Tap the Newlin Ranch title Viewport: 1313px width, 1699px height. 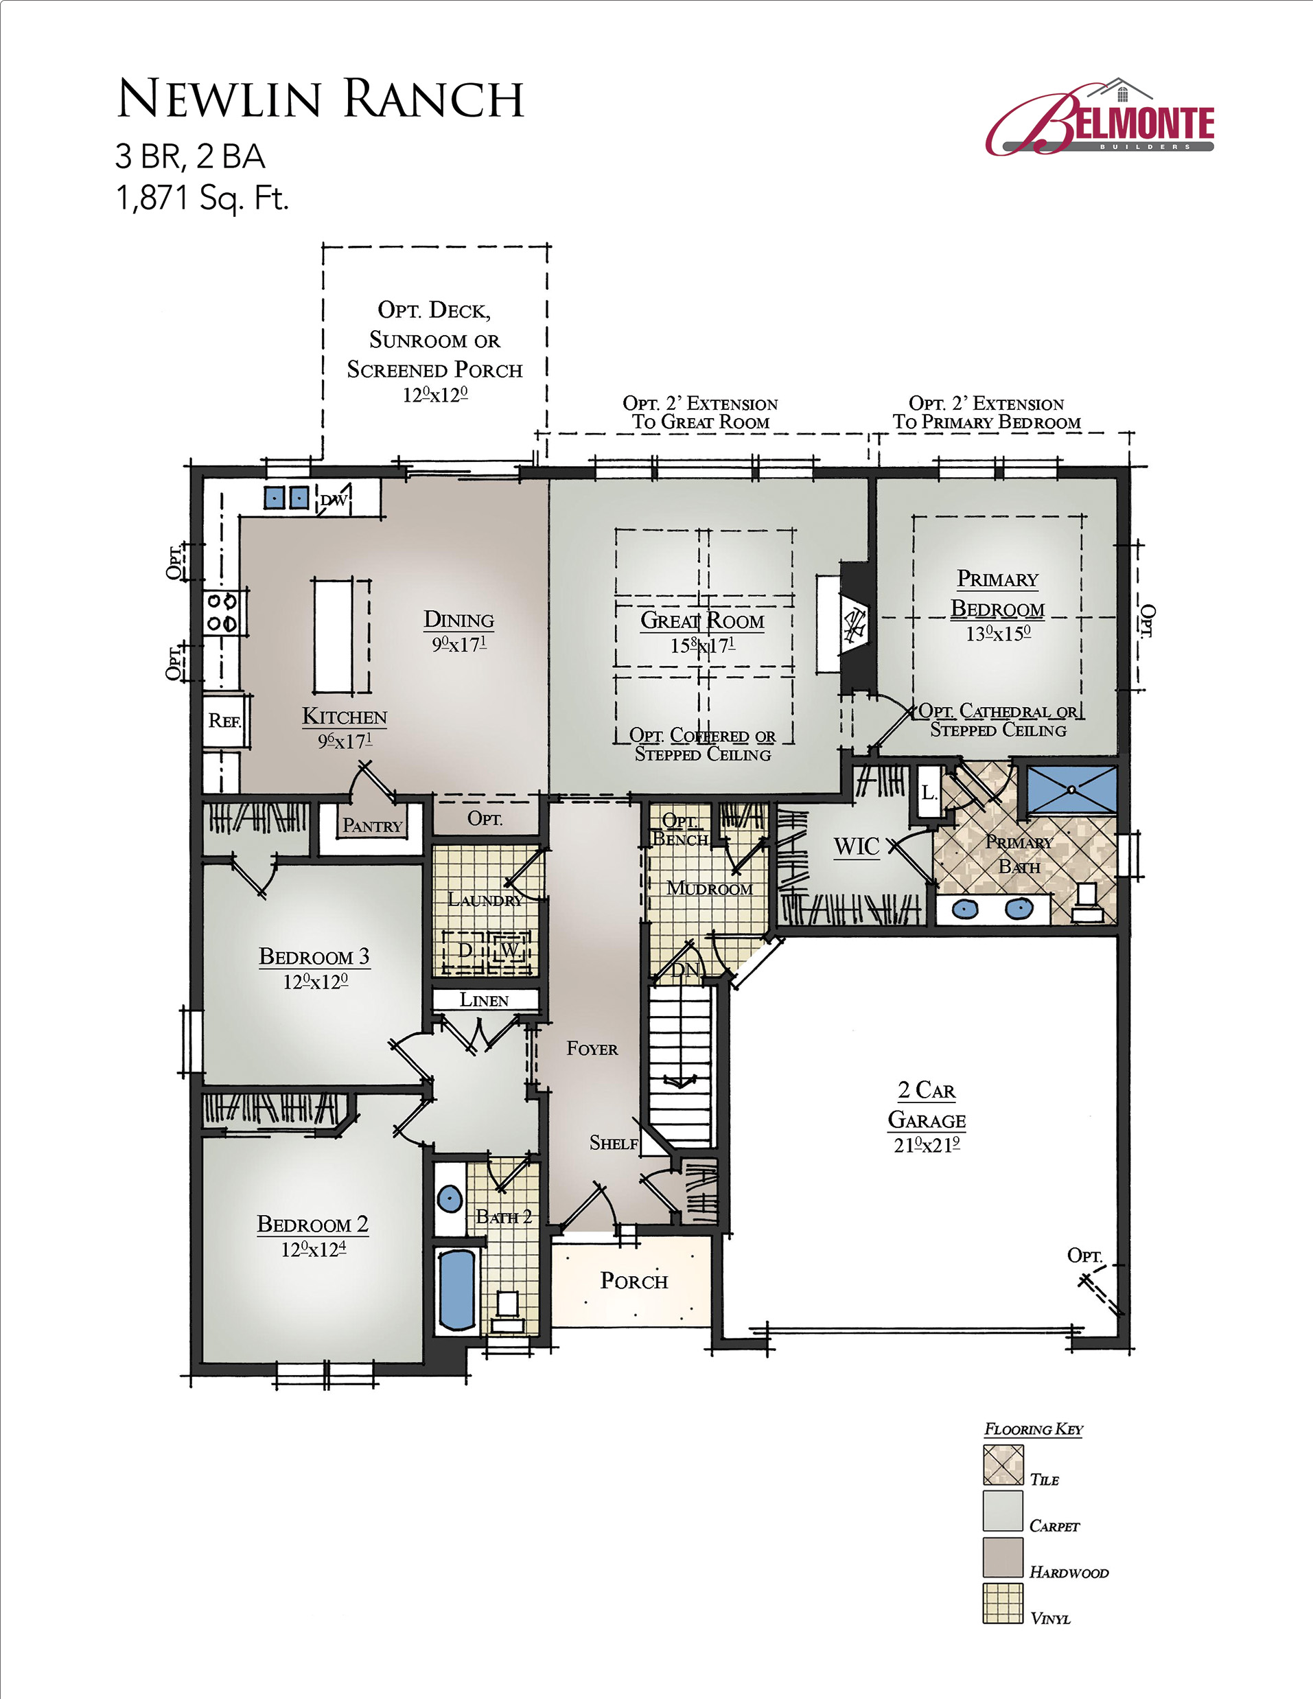[x=320, y=99]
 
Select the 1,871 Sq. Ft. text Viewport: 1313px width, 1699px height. [x=202, y=198]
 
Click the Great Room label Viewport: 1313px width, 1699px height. [x=702, y=621]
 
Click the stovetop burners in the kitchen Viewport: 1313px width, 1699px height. [x=221, y=612]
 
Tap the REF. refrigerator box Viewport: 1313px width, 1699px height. [x=226, y=720]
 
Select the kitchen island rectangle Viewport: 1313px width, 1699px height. [x=333, y=635]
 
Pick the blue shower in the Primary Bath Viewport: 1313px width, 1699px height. [x=1072, y=790]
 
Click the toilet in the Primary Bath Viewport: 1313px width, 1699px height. [x=1087, y=903]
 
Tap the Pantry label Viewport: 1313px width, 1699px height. [x=373, y=825]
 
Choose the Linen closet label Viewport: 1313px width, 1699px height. [x=484, y=999]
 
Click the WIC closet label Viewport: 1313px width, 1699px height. [x=857, y=846]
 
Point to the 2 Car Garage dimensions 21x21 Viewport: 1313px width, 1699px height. [x=927, y=1144]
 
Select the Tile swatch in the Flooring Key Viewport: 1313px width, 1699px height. [x=1003, y=1466]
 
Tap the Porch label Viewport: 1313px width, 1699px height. [x=634, y=1280]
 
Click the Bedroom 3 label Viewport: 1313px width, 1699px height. [x=314, y=956]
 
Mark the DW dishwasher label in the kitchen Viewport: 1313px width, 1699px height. [x=334, y=500]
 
